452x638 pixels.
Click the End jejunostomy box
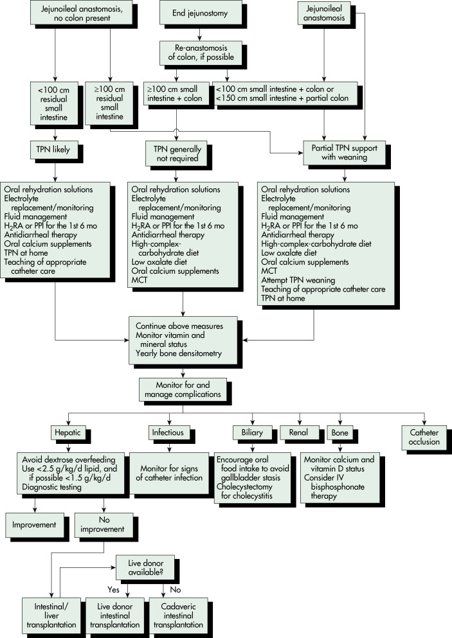[x=199, y=13]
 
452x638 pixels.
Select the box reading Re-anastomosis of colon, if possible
[x=201, y=53]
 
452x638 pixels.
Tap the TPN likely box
[x=53, y=149]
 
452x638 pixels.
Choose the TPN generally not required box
[x=177, y=154]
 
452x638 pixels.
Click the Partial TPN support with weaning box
[x=345, y=152]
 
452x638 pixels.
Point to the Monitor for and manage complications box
[x=183, y=389]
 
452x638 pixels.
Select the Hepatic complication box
[x=68, y=433]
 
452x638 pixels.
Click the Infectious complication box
[x=168, y=432]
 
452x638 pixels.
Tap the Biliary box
[x=252, y=432]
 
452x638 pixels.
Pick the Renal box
[x=298, y=432]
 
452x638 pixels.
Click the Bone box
[x=339, y=432]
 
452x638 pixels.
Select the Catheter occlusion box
[x=424, y=438]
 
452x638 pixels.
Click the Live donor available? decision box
[x=145, y=567]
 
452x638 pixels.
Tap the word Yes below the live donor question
[x=114, y=590]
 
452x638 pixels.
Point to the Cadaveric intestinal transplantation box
[x=178, y=616]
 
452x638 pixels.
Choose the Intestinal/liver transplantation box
[x=51, y=616]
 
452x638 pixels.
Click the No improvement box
[x=104, y=524]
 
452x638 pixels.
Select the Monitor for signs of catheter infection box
[x=169, y=474]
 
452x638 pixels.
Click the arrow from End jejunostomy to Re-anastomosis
[x=199, y=34]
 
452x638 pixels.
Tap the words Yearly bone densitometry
[x=179, y=353]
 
